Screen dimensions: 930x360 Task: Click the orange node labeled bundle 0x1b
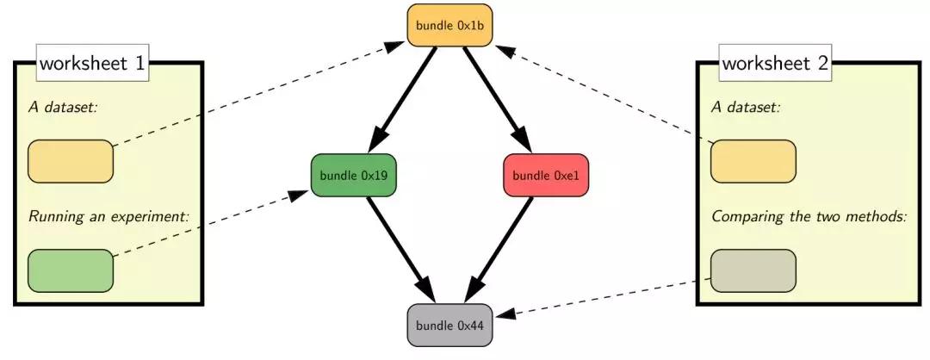coord(449,25)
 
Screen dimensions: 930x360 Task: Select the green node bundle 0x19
coord(354,175)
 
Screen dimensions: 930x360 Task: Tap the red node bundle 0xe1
coord(546,175)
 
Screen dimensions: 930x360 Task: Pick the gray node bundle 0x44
coord(449,325)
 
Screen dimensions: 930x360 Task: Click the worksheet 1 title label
coord(92,63)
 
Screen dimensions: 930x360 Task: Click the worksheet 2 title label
coord(775,63)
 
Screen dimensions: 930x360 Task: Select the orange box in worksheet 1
coord(70,161)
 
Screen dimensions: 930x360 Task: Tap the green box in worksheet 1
coord(70,270)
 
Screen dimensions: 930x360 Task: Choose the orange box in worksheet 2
coord(753,161)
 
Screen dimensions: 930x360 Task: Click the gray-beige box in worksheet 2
coord(753,270)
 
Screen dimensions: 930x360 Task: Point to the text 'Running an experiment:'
coord(108,217)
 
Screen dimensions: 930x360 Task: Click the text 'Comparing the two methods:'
coord(809,217)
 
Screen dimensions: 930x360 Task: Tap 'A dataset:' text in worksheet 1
coord(62,108)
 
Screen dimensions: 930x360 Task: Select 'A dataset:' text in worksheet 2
coord(746,108)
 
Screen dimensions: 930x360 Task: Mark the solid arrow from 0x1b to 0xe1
coord(497,101)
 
